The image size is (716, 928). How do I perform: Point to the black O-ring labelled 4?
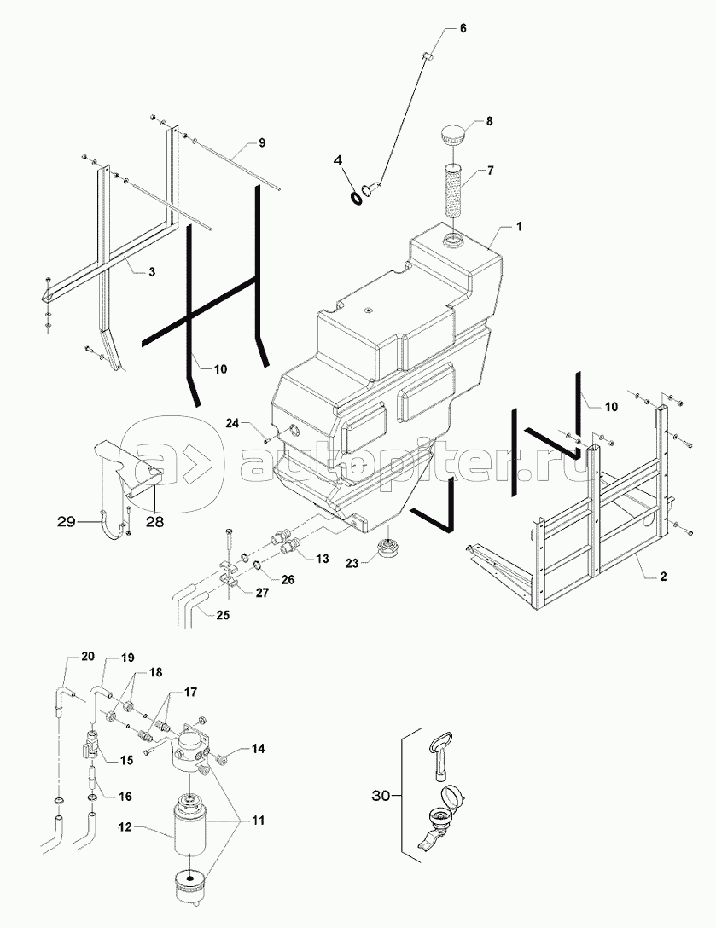pyautogui.click(x=356, y=198)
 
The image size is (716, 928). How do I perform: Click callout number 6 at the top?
pyautogui.click(x=463, y=28)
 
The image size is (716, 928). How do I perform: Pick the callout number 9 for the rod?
pyautogui.click(x=262, y=142)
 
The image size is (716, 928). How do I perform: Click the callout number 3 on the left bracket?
pyautogui.click(x=151, y=272)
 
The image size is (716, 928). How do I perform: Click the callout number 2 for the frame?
pyautogui.click(x=662, y=577)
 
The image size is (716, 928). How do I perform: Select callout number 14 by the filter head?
pyautogui.click(x=259, y=749)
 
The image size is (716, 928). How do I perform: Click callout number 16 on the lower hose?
pyautogui.click(x=125, y=796)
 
